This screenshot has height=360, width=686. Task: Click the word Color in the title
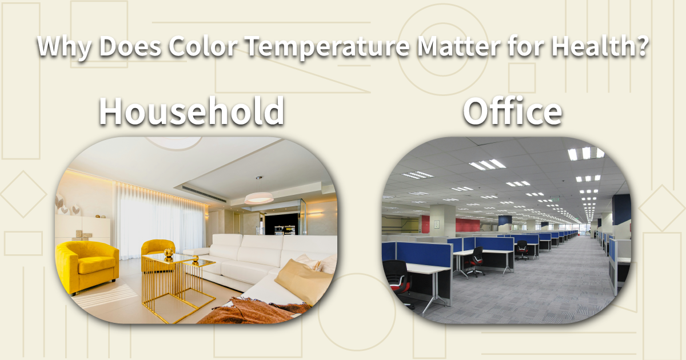click(x=203, y=46)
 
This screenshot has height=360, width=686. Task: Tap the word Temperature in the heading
click(x=328, y=48)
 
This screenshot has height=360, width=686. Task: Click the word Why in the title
click(x=64, y=48)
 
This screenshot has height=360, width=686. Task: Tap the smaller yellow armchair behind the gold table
click(x=157, y=251)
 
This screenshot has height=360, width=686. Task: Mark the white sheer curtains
click(x=159, y=221)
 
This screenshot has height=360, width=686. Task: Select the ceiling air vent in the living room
click(x=205, y=194)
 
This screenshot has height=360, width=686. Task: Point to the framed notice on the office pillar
click(x=437, y=224)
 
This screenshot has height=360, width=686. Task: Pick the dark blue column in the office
click(x=621, y=210)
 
